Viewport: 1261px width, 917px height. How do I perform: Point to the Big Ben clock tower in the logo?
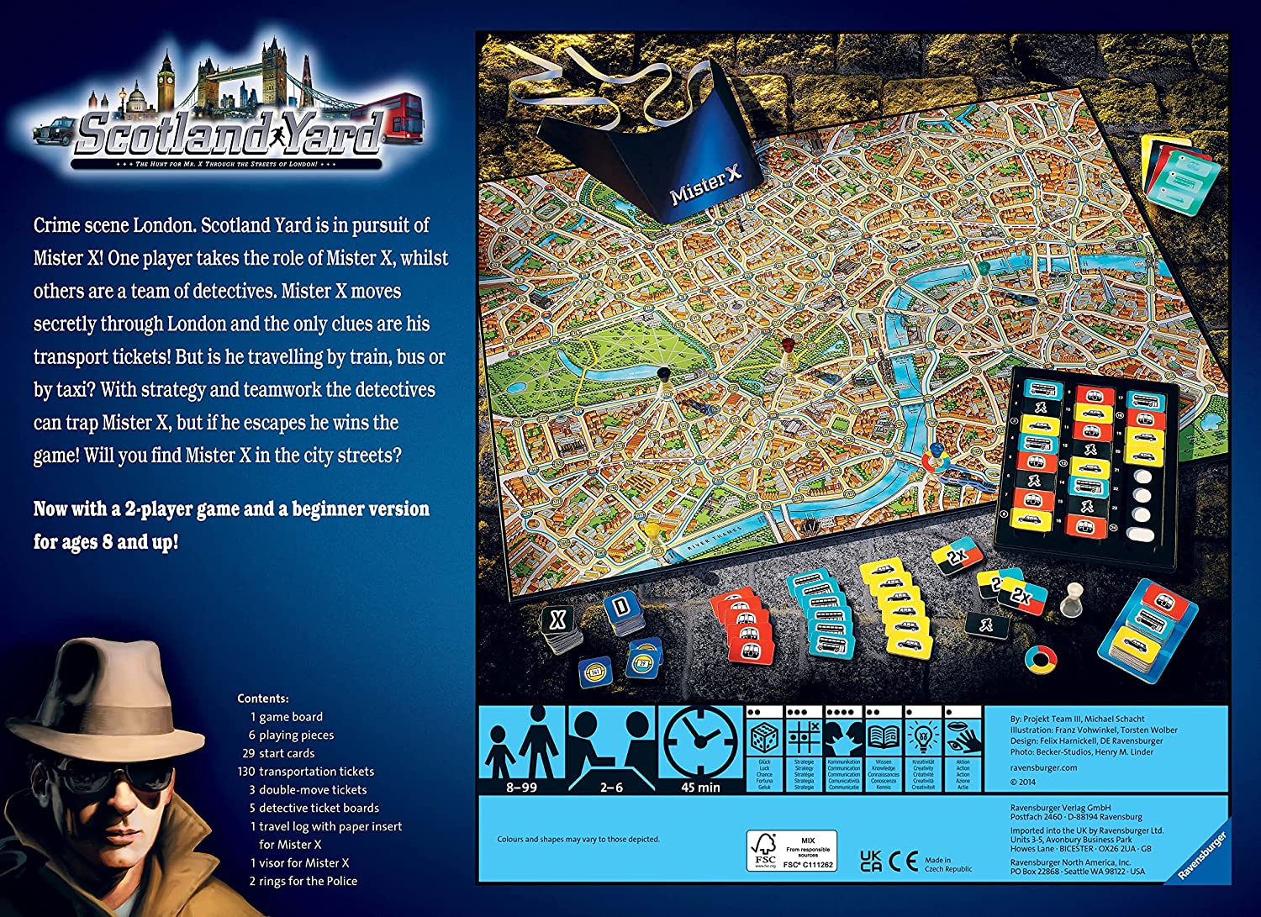(x=166, y=79)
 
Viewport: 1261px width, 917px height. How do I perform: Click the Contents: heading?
(x=263, y=698)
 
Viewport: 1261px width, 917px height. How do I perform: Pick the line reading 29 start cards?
(x=278, y=753)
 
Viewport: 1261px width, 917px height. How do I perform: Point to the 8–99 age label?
(x=521, y=788)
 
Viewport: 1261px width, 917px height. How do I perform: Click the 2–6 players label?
(x=611, y=788)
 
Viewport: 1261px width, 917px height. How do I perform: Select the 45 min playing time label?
(x=700, y=788)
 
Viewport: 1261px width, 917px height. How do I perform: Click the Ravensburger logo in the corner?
(x=1203, y=856)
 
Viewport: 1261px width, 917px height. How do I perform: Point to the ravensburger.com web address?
(x=1043, y=767)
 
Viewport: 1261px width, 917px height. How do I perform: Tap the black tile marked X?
(x=557, y=621)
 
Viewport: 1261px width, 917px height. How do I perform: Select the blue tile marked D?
(x=622, y=606)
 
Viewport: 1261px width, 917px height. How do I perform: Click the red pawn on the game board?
(x=788, y=346)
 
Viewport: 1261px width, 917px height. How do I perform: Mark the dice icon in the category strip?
(x=764, y=740)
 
